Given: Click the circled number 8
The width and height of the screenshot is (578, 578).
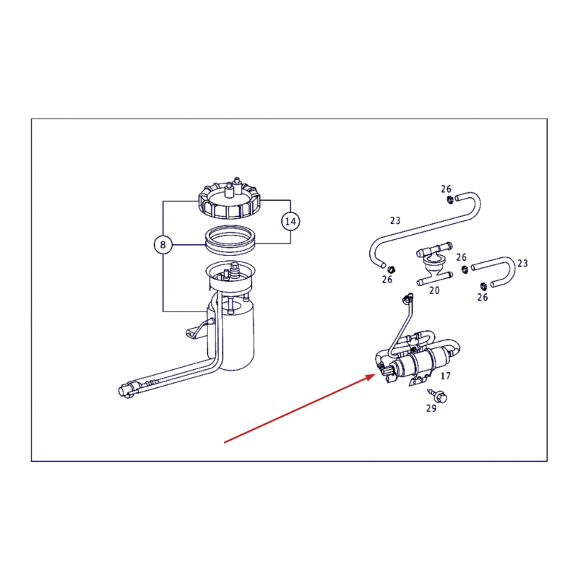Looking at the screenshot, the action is pyautogui.click(x=163, y=245).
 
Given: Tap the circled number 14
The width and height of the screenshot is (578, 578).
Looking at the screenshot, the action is pyautogui.click(x=290, y=222).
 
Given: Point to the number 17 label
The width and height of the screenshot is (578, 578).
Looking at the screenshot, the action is pyautogui.click(x=445, y=376).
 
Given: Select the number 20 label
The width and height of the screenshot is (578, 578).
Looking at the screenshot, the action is pyautogui.click(x=434, y=290).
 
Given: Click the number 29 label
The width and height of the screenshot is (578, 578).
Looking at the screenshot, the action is pyautogui.click(x=431, y=408).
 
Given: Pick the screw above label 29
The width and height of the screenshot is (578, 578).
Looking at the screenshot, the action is pyautogui.click(x=438, y=395).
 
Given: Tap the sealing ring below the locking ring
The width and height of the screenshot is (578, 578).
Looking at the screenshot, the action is pyautogui.click(x=230, y=240).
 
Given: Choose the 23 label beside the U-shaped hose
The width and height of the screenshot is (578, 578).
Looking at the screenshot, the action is pyautogui.click(x=522, y=263).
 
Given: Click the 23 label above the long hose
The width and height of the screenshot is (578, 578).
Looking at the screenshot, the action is pyautogui.click(x=394, y=220).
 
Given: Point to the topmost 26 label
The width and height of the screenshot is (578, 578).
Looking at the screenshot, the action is pyautogui.click(x=446, y=189).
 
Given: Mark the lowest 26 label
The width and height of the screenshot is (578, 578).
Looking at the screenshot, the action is pyautogui.click(x=482, y=297).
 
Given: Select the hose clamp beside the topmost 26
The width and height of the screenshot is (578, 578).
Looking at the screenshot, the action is pyautogui.click(x=449, y=200).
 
